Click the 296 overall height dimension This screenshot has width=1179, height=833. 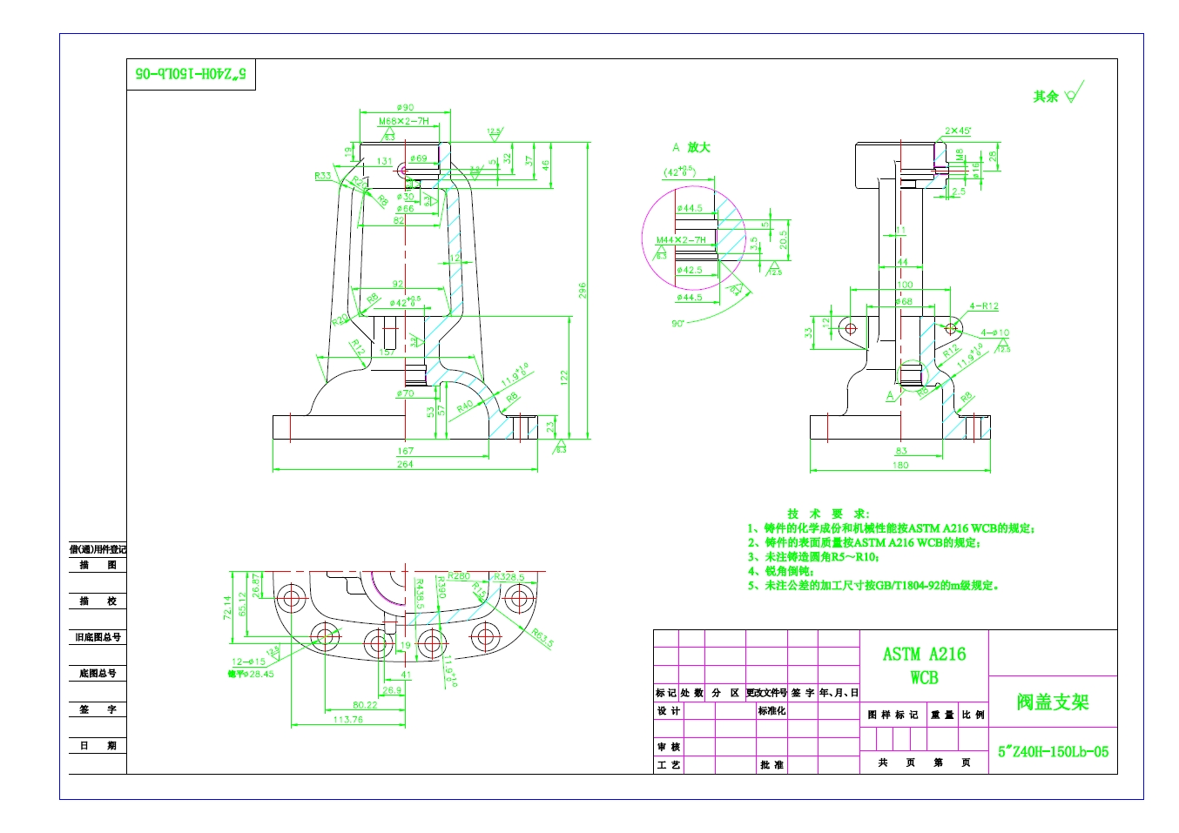coord(583,290)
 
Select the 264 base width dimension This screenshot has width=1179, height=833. coord(405,465)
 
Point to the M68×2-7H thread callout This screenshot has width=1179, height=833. coord(403,121)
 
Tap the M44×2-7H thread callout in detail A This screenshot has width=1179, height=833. coord(681,239)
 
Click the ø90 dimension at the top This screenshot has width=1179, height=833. coord(405,108)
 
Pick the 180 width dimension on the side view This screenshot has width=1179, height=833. coord(900,465)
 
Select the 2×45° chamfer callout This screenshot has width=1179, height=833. coord(958,131)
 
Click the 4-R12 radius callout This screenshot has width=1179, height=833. coord(984,306)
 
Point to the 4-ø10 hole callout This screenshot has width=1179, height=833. coord(994,333)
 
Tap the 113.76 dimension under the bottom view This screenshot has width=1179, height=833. coord(347,720)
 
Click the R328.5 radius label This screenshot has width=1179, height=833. coord(509,577)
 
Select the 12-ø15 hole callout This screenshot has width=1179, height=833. coord(248,662)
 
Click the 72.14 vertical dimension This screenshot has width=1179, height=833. coord(228,607)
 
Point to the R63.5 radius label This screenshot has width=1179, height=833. coord(542,638)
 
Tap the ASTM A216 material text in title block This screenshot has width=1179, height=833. coord(924,655)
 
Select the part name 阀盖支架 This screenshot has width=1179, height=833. coord(1053,702)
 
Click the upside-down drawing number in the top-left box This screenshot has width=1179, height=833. coord(191,74)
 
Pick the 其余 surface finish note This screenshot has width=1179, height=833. coord(1046,97)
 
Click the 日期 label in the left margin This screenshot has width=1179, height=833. coord(98,746)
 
